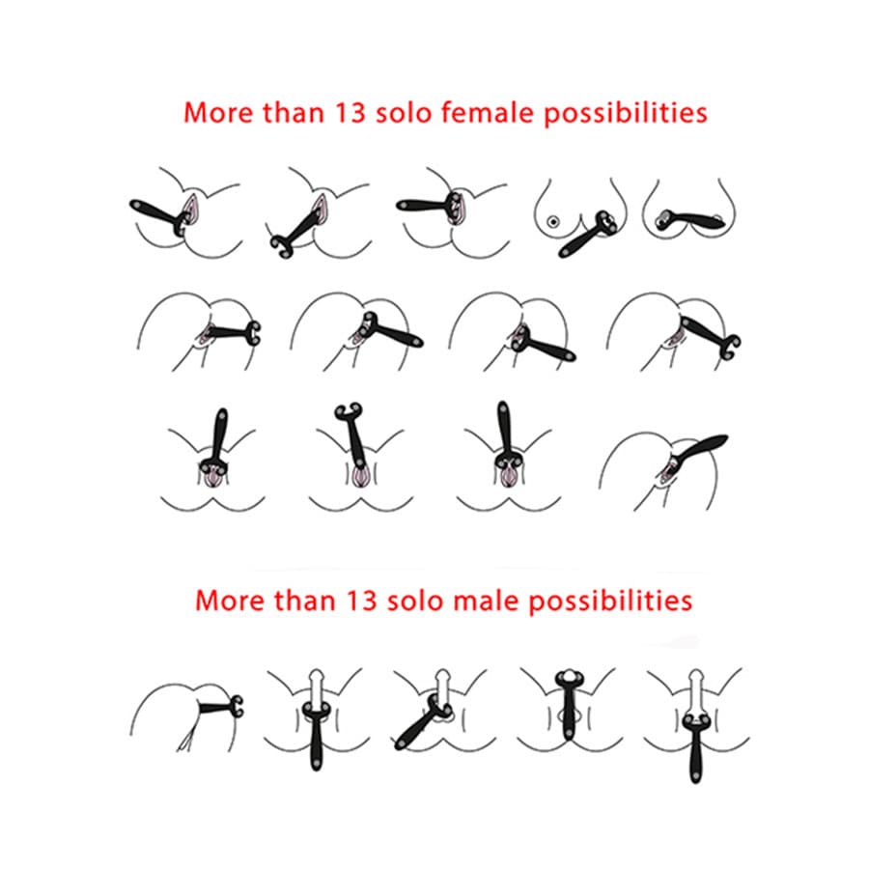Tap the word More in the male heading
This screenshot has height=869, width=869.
click(228, 600)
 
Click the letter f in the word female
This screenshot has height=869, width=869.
click(439, 111)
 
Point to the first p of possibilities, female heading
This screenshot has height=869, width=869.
click(539, 116)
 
